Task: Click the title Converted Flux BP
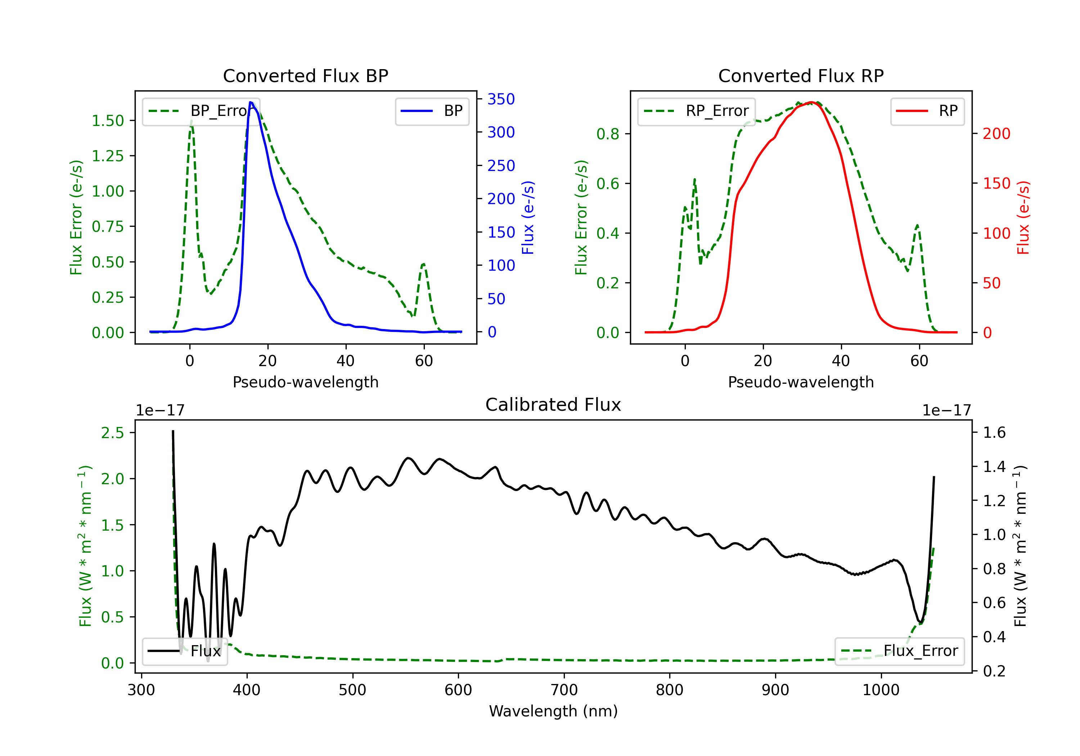point(305,76)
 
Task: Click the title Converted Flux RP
point(801,76)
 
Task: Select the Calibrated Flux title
point(553,405)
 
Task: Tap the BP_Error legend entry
point(201,111)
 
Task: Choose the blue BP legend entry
point(432,111)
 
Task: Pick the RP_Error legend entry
point(696,111)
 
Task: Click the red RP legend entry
point(927,111)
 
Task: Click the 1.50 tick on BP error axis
point(108,121)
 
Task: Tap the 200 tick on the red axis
point(996,134)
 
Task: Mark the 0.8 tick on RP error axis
point(608,134)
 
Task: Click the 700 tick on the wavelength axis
point(564,690)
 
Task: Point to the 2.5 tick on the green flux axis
point(112,432)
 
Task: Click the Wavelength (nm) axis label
point(553,711)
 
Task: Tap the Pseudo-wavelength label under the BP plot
point(305,382)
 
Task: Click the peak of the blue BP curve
point(251,102)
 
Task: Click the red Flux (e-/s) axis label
point(1023,217)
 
